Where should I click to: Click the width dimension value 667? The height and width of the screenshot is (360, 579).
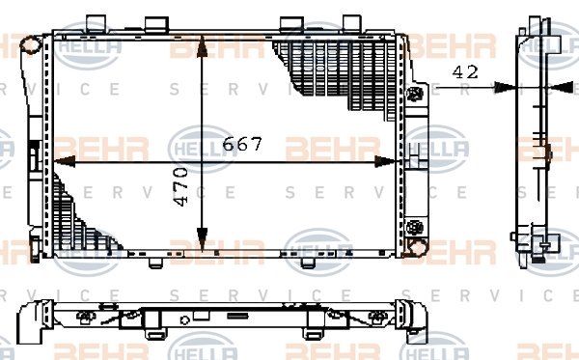point(242,144)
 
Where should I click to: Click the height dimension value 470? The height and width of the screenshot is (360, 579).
point(180,187)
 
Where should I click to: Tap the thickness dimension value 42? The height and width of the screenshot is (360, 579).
point(465,72)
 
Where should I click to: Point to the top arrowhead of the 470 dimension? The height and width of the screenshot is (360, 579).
point(202,46)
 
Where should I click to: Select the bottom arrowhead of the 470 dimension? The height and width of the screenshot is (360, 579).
point(202,239)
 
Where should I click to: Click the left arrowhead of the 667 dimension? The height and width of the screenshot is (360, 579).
point(65,161)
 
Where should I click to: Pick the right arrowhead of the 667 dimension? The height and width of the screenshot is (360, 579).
point(385,161)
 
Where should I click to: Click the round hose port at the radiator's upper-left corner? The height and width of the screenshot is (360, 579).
point(31,44)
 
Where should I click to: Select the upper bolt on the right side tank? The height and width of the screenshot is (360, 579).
point(415,94)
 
